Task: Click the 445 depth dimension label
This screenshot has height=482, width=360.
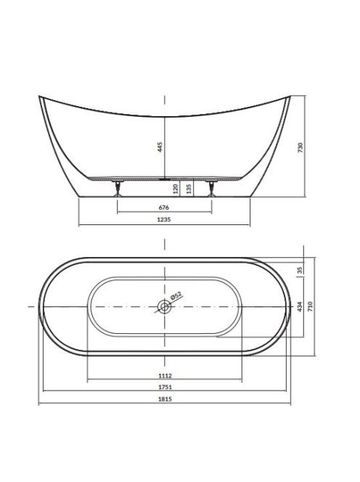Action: (160, 147)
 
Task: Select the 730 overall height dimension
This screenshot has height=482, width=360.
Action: (300, 148)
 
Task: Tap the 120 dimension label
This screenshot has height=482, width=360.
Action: (176, 189)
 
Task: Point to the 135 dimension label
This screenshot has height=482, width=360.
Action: (189, 189)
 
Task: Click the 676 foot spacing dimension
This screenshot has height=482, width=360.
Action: (164, 208)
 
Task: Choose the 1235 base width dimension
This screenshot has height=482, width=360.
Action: (164, 219)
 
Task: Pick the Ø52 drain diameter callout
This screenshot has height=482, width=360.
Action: (176, 295)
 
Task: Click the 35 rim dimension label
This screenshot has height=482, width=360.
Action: (300, 270)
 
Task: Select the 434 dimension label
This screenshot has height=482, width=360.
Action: (300, 306)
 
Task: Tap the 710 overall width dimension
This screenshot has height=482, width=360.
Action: (310, 306)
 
